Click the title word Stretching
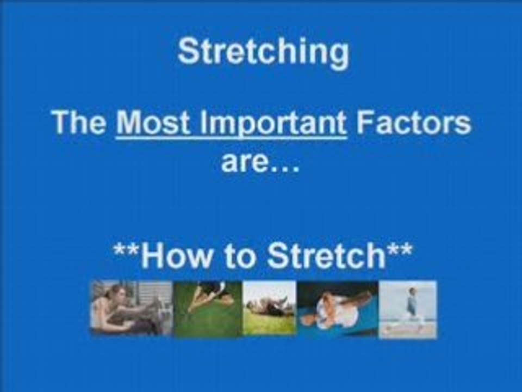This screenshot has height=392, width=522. pos(263,53)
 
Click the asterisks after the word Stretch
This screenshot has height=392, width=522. pos(399,250)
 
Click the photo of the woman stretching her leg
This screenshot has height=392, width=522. pos(132,308)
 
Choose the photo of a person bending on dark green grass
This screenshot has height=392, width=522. pos(208,309)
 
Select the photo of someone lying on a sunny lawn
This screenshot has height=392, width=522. pos(269,308)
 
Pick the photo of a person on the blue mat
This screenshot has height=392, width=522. pos(338,309)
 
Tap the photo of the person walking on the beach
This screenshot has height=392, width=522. pos(407,309)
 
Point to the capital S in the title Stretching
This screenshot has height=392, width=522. pos(189,51)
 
